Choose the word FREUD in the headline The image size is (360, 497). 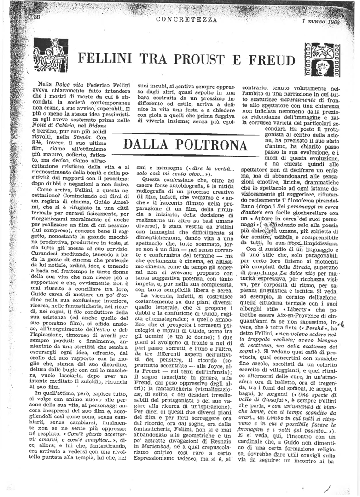(272, 60)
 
